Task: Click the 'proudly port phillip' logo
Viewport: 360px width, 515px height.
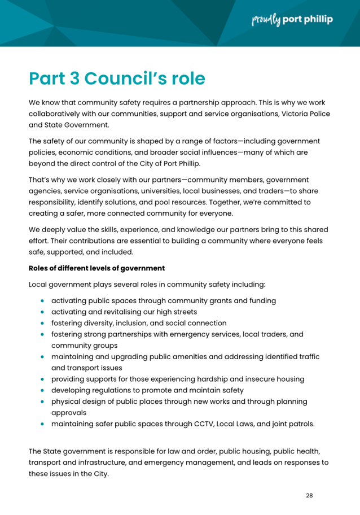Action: click(x=292, y=20)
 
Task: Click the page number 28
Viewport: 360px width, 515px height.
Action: click(x=309, y=495)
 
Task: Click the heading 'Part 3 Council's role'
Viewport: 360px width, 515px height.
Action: click(x=117, y=78)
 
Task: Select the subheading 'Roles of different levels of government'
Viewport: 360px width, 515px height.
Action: click(x=96, y=268)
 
